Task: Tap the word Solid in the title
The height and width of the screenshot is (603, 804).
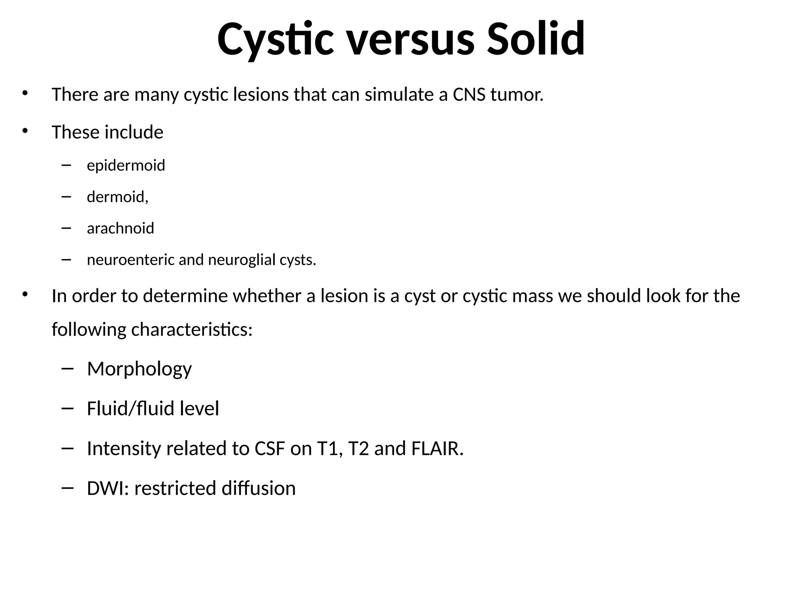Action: [536, 39]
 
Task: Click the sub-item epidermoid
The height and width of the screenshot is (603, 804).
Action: [126, 166]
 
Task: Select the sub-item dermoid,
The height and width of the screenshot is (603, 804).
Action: [117, 197]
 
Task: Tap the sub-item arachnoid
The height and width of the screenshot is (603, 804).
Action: [120, 228]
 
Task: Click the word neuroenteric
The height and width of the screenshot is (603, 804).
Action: [131, 260]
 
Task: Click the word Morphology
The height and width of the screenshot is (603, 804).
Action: [139, 369]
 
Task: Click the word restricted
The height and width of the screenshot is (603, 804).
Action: [175, 488]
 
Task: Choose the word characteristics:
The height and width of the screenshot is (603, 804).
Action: [192, 329]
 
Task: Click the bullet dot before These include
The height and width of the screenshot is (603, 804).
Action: [25, 131]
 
